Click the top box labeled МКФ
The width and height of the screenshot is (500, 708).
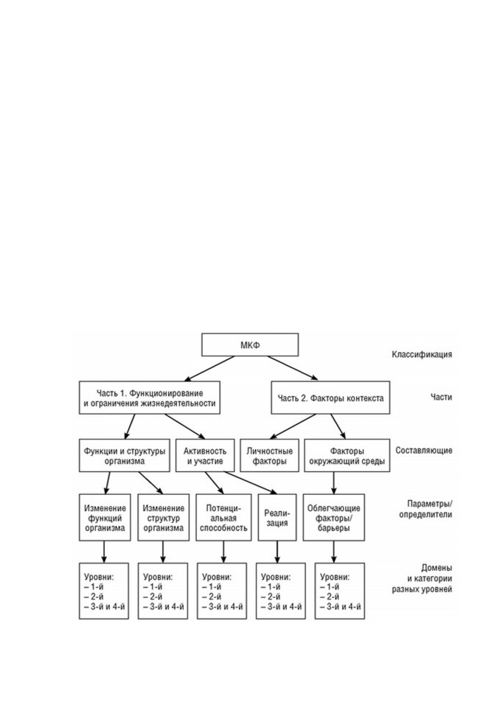point(250,345)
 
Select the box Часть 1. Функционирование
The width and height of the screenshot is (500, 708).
point(150,398)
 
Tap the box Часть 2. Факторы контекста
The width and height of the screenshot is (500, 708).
point(330,398)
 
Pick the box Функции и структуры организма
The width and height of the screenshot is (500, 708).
point(124,456)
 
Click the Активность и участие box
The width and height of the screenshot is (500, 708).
point(205,456)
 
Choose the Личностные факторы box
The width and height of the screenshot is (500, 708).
point(270,456)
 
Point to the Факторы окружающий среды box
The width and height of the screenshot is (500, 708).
point(347,456)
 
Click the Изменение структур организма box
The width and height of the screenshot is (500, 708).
point(162,518)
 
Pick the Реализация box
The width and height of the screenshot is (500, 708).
point(277,518)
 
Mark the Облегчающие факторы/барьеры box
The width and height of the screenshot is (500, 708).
point(334,518)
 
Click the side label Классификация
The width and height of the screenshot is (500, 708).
point(422,355)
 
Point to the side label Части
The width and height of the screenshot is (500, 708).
point(441,398)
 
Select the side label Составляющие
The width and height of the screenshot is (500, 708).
point(423,451)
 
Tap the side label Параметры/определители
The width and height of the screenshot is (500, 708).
point(426,509)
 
